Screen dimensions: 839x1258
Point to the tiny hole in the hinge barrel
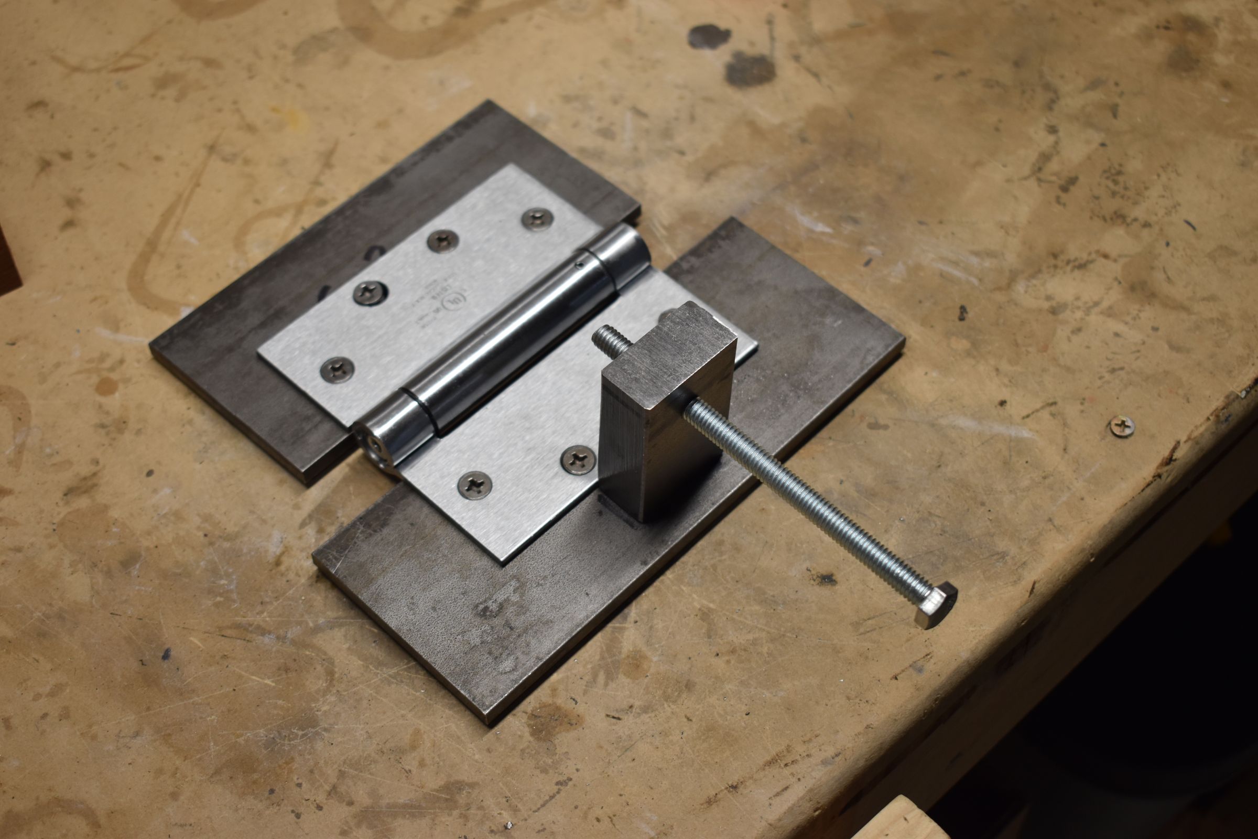point(579,263)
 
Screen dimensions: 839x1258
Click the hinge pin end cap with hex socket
point(371,443)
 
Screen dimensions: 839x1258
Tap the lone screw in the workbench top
point(1122,426)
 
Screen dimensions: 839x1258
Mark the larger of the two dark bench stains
point(750,68)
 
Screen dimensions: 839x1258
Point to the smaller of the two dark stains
point(709,36)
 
